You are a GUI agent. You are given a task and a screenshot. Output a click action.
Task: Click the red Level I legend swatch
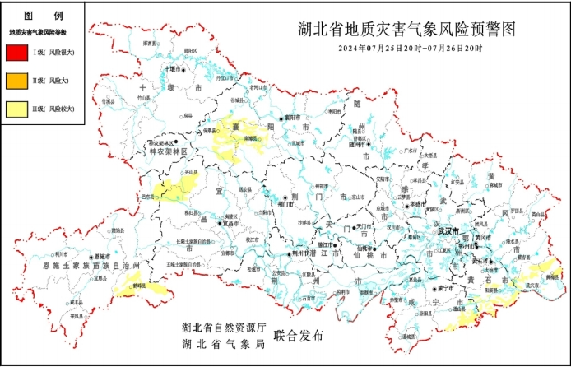[x=16, y=53]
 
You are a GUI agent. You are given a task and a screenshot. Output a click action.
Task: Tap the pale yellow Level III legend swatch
[x=16, y=108]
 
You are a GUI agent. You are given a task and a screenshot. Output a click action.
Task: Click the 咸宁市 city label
[x=445, y=290]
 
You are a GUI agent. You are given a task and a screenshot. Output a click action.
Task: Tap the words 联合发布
[x=300, y=336]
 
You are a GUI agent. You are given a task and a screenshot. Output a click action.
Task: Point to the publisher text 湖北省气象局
[x=223, y=344]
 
